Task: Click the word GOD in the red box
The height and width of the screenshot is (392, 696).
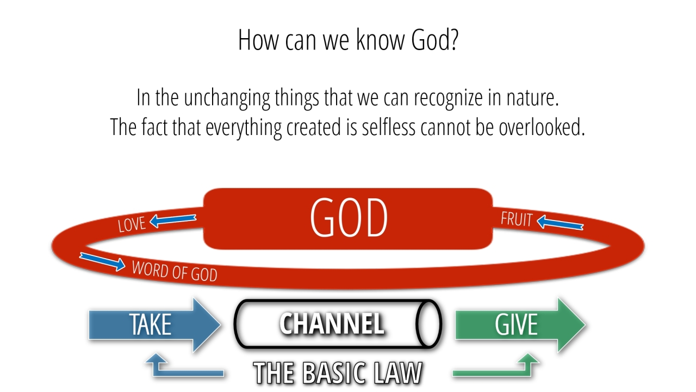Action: click(349, 217)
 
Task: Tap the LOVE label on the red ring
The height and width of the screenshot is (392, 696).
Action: click(132, 224)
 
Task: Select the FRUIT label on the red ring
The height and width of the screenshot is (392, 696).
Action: click(517, 219)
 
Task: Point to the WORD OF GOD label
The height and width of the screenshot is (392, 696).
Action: click(175, 271)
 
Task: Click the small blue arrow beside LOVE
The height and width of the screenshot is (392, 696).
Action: click(173, 220)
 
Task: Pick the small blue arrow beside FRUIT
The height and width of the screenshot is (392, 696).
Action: click(560, 223)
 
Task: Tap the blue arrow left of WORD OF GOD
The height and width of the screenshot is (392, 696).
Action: click(103, 261)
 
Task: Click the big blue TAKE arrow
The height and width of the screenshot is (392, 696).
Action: click(155, 325)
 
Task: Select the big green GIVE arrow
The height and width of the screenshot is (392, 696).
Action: click(520, 325)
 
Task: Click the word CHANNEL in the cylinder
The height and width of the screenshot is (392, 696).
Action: click(332, 323)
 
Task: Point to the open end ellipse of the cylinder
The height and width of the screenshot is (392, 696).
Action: click(428, 323)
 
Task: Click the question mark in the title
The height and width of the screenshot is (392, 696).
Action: click(454, 40)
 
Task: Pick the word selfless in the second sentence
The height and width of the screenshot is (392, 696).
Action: click(389, 127)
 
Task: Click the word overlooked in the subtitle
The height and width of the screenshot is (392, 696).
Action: click(542, 127)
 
